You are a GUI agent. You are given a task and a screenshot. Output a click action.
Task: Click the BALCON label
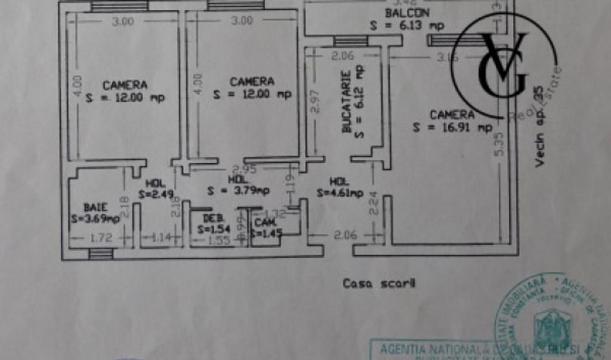click(x=408, y=13)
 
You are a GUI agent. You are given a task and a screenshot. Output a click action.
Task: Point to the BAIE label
click(x=95, y=207)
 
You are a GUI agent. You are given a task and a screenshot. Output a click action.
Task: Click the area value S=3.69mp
click(x=95, y=219)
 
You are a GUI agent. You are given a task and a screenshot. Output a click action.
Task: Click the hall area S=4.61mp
click(x=340, y=192)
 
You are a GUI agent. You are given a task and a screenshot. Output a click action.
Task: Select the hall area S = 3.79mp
click(x=238, y=191)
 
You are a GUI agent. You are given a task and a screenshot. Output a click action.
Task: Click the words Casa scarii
click(x=379, y=284)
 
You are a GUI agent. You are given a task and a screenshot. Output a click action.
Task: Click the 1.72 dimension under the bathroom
click(x=100, y=238)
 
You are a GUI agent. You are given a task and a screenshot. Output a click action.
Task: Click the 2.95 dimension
click(x=244, y=169)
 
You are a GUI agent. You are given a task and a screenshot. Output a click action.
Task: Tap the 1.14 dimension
click(x=158, y=238)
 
